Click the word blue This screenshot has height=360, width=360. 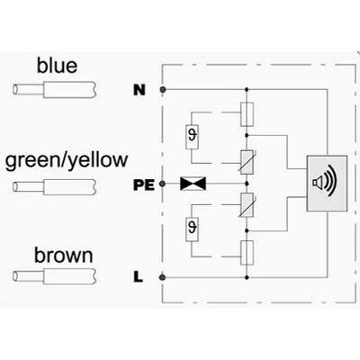click(57, 66)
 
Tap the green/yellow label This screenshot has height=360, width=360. click(67, 160)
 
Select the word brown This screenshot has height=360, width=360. click(64, 256)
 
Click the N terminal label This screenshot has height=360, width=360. click(139, 90)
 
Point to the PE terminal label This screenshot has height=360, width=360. click(144, 185)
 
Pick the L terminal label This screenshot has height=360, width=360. click(138, 277)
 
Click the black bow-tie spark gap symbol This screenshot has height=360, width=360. click(193, 184)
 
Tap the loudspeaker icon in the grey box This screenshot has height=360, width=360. click(325, 181)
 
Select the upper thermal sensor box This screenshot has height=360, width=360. click(192, 137)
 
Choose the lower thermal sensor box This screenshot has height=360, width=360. click(192, 230)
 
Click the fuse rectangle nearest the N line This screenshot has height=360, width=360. click(247, 114)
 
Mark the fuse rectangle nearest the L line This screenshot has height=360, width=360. click(247, 253)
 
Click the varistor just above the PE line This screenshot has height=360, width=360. click(247, 162)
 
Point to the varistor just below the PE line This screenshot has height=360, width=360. click(247, 205)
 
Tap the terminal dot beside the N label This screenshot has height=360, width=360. click(163, 89)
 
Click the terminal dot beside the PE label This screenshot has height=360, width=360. click(162, 184)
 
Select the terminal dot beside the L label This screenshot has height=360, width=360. click(163, 277)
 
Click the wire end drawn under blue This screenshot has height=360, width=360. click(55, 90)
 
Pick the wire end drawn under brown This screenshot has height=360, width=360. click(55, 276)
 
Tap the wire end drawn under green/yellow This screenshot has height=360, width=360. click(55, 187)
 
